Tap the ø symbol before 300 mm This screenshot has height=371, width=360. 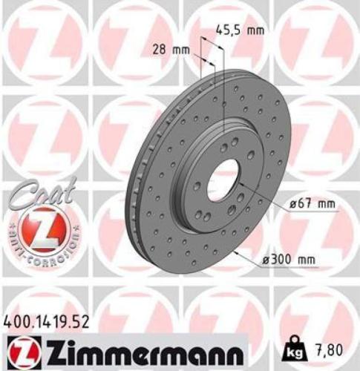click(x=266, y=257)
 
